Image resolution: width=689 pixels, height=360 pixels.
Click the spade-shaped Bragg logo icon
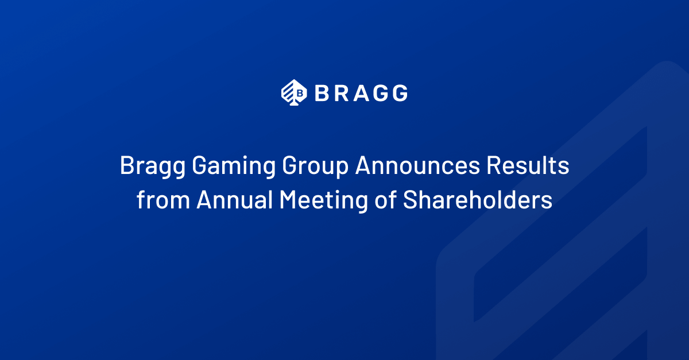point(294,92)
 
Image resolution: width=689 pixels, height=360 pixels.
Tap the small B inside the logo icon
point(300,92)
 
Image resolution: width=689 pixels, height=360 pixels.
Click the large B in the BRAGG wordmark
point(322,93)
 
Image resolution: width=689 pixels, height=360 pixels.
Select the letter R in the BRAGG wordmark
point(342,93)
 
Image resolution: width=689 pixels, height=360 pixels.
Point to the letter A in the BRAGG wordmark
point(361,93)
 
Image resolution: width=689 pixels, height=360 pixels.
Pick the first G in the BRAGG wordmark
point(380,93)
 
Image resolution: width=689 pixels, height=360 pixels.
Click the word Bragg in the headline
point(153,167)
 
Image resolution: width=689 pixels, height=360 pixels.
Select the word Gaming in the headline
point(234,167)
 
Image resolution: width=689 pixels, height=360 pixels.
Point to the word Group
point(315,167)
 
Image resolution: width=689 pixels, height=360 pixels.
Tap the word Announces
point(417,165)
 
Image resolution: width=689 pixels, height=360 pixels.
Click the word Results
point(528,165)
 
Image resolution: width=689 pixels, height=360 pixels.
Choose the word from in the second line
point(163,199)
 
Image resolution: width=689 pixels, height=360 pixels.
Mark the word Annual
point(235,199)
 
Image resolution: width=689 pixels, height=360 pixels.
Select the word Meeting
point(323,201)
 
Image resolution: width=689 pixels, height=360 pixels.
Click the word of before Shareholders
point(385,199)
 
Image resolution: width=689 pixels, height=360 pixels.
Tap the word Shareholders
point(477,199)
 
